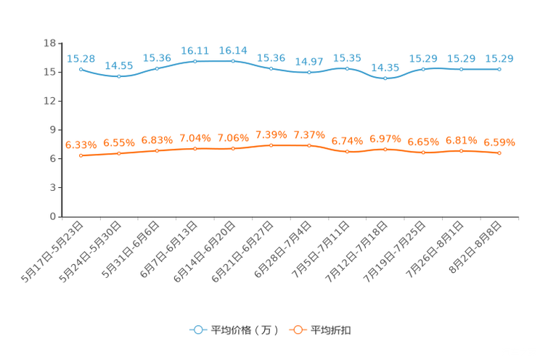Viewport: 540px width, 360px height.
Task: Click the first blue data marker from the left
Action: tap(81, 69)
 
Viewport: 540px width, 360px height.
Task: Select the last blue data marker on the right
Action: tap(499, 69)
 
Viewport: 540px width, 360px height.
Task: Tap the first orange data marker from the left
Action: tap(81, 155)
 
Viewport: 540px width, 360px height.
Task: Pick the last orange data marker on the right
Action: tap(499, 153)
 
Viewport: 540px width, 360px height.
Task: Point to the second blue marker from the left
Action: tap(119, 75)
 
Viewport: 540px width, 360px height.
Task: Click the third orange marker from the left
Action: tap(157, 150)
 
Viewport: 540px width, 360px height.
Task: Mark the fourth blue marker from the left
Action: tap(195, 60)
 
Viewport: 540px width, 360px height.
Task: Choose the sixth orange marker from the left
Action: tap(271, 145)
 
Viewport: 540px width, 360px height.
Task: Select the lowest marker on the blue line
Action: tap(385, 77)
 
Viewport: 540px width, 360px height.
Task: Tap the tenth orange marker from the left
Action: tap(423, 152)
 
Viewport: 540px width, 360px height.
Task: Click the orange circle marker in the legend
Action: tap(296, 330)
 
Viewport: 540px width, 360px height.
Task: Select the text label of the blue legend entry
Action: tap(244, 330)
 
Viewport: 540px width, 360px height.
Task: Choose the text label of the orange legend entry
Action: tap(332, 330)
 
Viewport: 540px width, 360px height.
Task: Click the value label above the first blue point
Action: tap(81, 58)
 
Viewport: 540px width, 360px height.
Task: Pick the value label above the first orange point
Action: tap(81, 144)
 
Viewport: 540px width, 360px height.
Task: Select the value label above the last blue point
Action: tap(499, 59)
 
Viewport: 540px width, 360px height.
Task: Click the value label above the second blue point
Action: tap(119, 65)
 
